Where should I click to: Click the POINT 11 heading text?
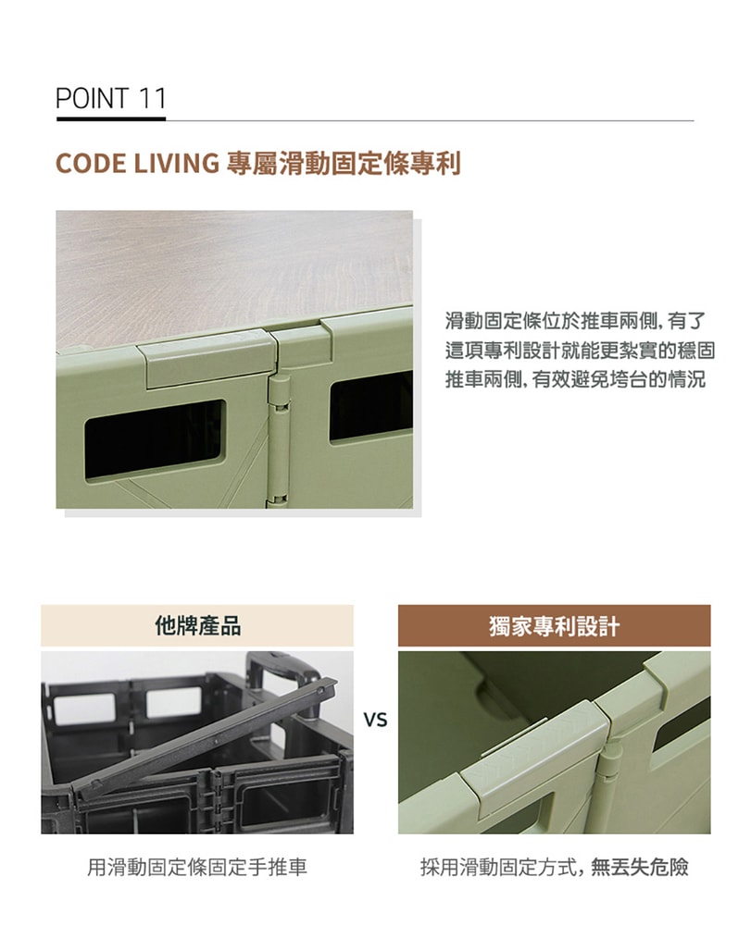pos(110,98)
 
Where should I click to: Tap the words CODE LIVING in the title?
pos(135,164)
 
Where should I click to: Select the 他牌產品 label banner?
pos(197,626)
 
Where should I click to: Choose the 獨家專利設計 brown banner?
pos(554,626)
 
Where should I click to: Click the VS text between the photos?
pos(375,719)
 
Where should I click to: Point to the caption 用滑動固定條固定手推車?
pos(196,867)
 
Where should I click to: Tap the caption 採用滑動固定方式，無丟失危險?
pos(554,867)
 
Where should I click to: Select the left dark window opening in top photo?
pos(154,438)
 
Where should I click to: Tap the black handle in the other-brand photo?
pos(282,670)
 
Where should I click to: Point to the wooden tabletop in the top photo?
pos(232,268)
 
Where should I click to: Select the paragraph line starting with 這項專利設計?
pos(580,351)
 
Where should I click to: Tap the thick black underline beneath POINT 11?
pos(110,118)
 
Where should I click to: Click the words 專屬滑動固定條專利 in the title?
pos(343,164)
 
